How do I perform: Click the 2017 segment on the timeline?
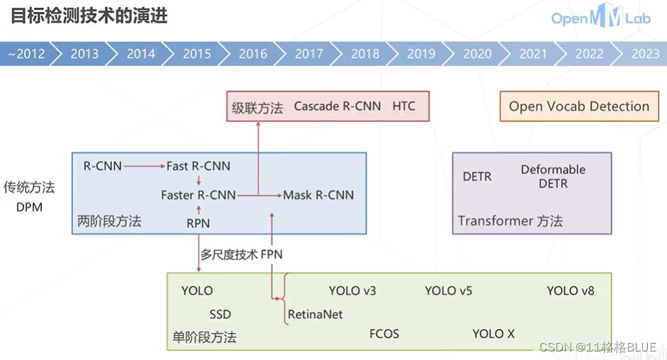[309, 54]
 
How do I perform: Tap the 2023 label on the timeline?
[645, 54]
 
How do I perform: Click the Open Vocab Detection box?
[579, 106]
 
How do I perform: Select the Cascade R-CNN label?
[337, 106]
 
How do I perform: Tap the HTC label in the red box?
[404, 106]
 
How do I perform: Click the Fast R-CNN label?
[198, 167]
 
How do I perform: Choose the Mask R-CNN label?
[318, 195]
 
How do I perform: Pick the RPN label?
[198, 223]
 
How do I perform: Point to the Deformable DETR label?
[553, 176]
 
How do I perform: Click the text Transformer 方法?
[510, 221]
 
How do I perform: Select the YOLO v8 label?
[571, 291]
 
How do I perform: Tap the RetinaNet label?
[315, 313]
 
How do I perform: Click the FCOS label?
[384, 333]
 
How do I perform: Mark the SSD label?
[220, 314]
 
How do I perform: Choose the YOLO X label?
[493, 333]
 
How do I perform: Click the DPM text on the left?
[29, 207]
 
